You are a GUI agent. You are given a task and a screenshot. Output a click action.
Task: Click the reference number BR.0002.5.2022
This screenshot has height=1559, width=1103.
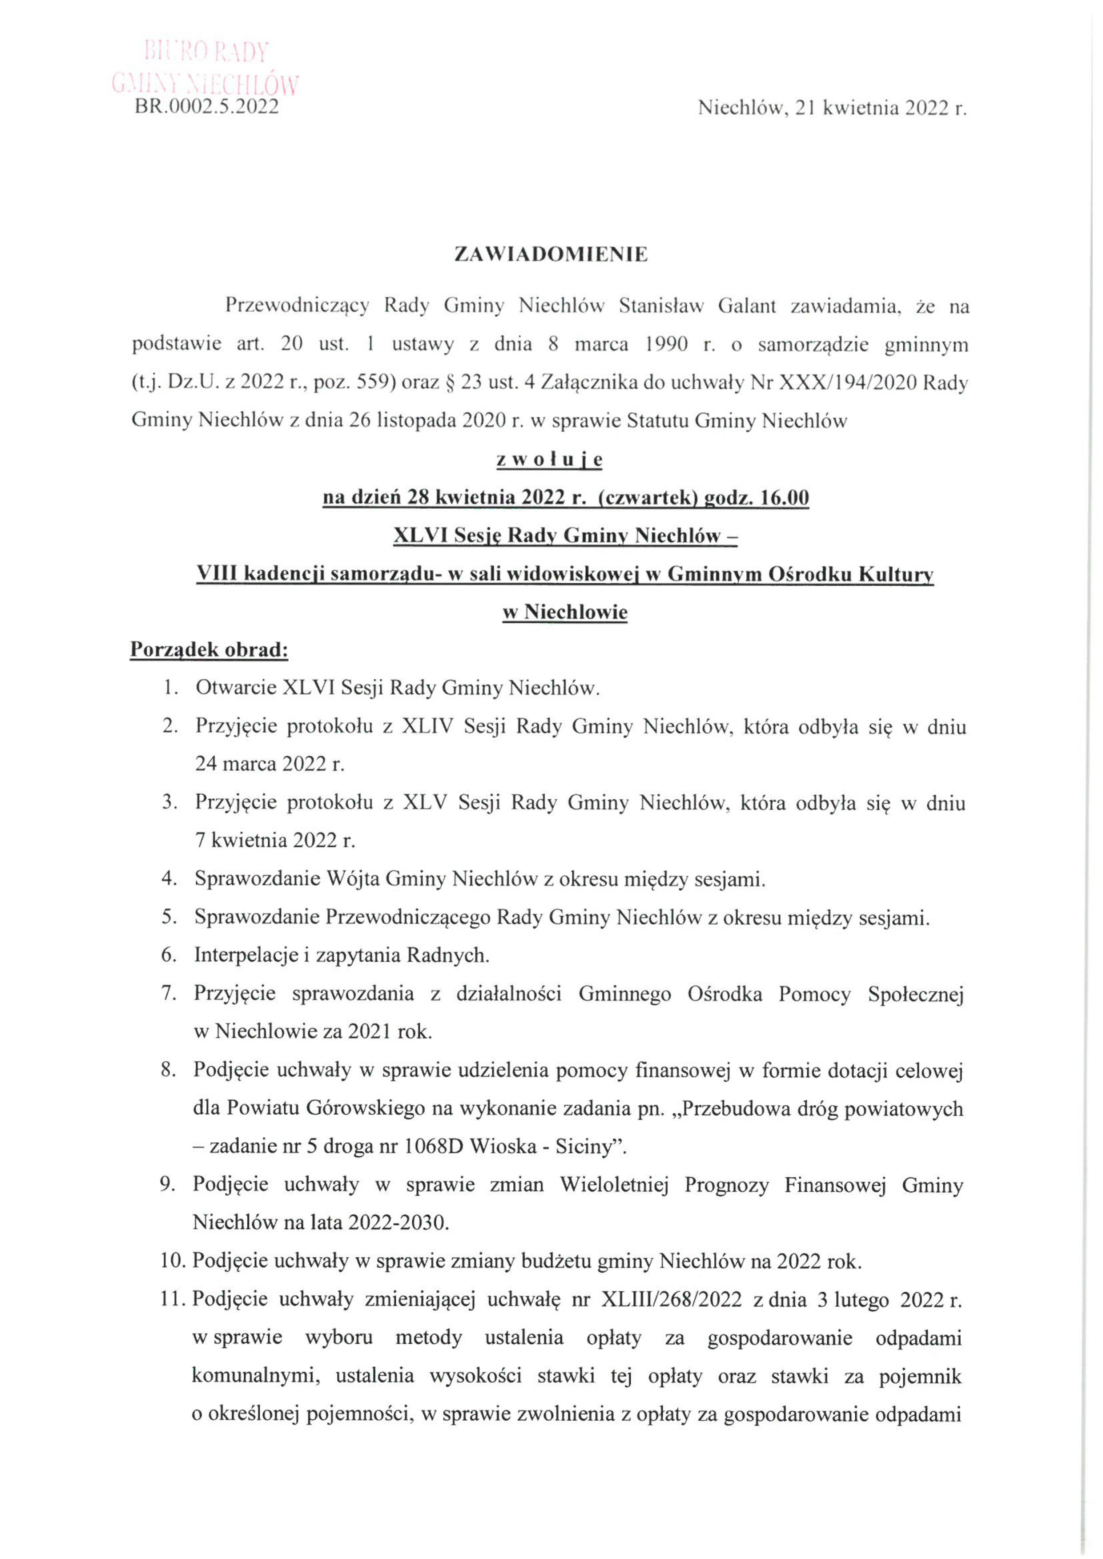tap(206, 107)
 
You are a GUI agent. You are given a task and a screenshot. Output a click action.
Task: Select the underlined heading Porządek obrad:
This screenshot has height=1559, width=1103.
tap(209, 649)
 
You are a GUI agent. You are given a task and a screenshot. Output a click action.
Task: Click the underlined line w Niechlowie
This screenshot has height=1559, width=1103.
tap(564, 612)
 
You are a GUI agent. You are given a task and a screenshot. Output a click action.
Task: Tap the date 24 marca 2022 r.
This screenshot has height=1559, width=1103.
tap(270, 764)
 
